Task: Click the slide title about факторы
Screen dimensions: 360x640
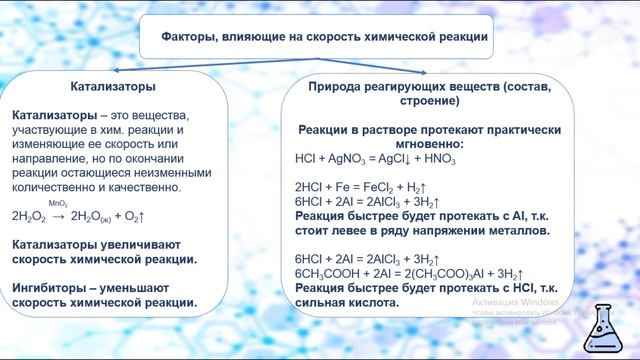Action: (x=325, y=37)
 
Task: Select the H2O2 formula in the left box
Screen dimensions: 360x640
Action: (x=29, y=216)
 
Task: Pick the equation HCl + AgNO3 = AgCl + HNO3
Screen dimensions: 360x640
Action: (x=375, y=159)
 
